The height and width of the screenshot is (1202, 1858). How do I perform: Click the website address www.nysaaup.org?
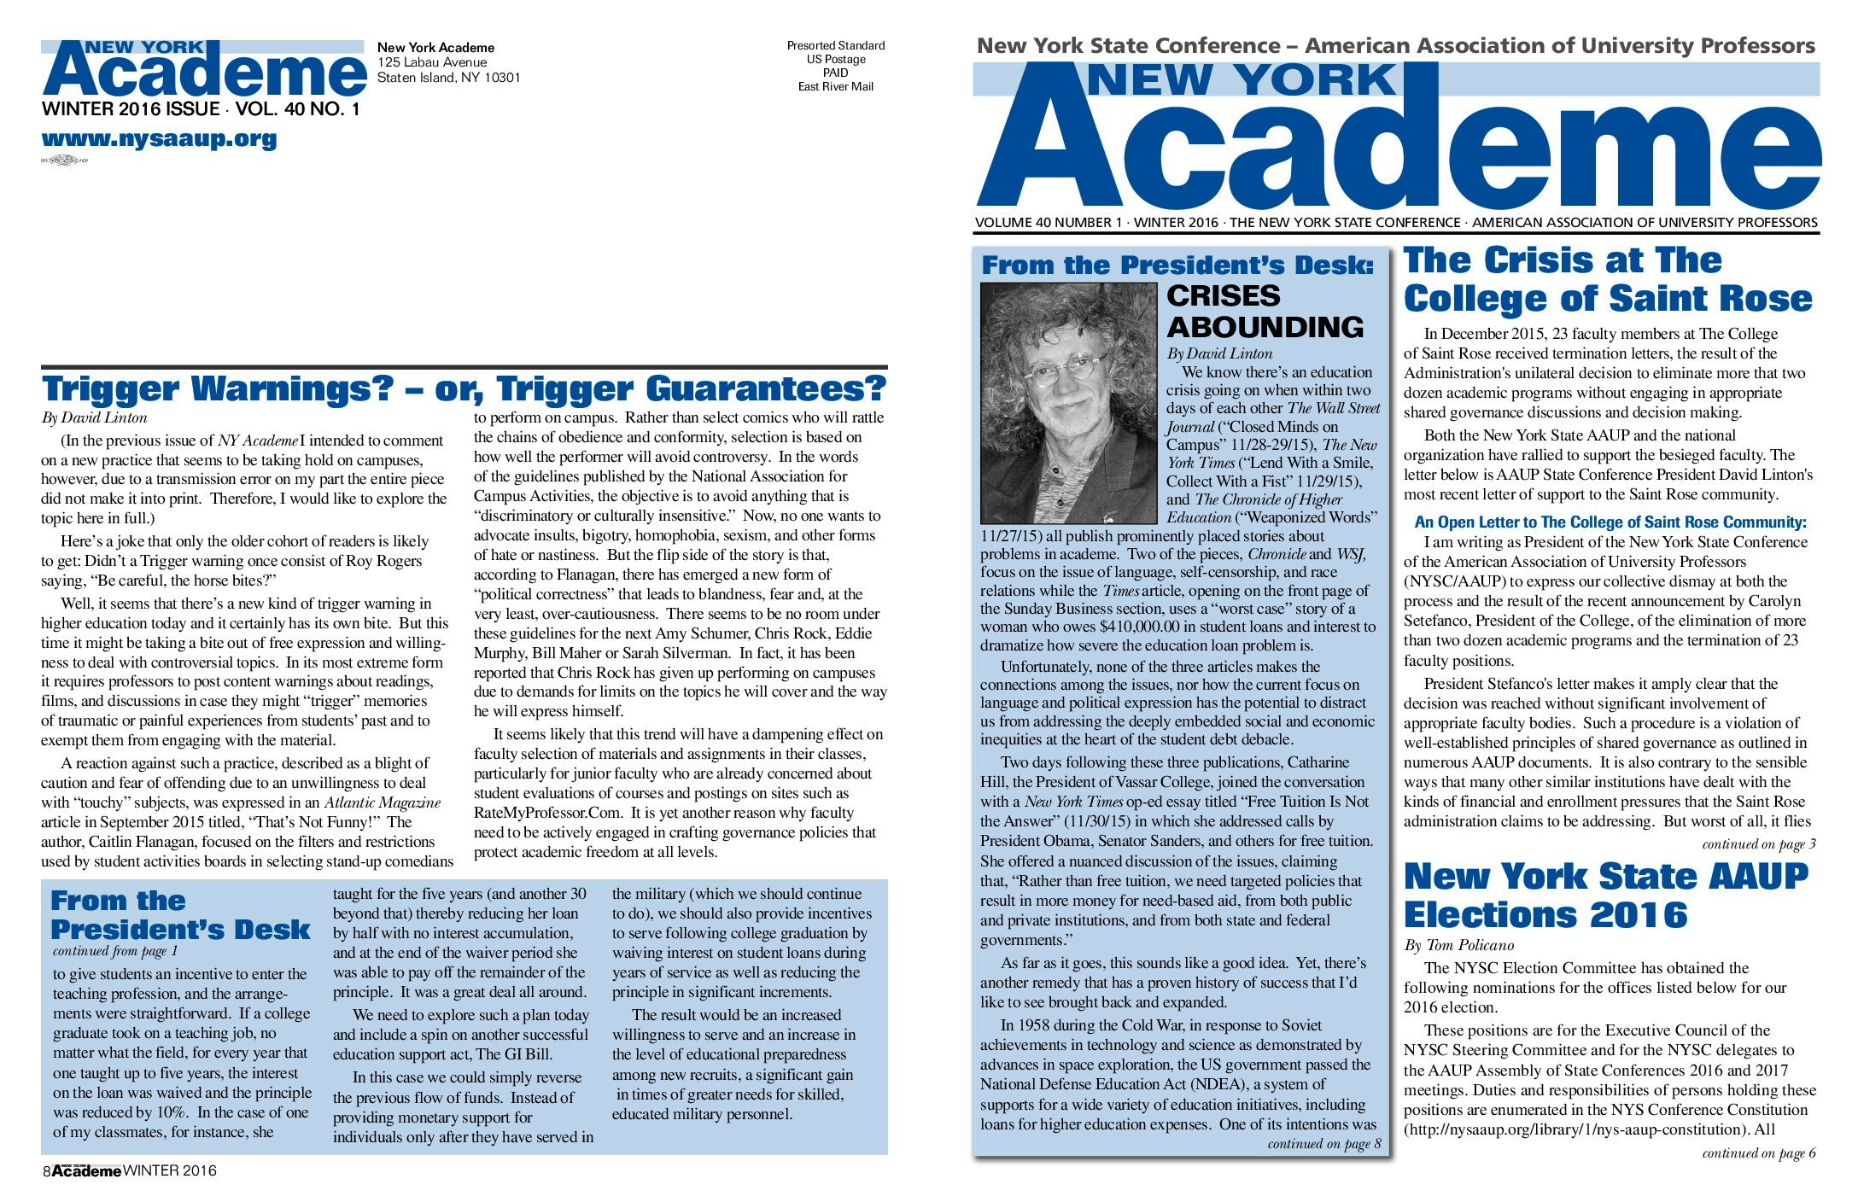[x=159, y=138]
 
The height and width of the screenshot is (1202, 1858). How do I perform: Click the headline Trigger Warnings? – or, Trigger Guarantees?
[x=464, y=388]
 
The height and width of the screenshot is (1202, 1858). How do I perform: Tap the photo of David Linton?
[x=1070, y=403]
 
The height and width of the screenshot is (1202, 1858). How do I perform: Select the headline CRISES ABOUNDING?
[x=1264, y=312]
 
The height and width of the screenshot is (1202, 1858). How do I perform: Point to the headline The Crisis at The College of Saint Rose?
[x=1607, y=279]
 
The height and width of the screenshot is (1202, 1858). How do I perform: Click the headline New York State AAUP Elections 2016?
[x=1605, y=895]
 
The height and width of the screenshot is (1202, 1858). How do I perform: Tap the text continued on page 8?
[x=1323, y=1144]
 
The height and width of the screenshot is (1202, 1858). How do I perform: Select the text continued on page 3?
[x=1758, y=843]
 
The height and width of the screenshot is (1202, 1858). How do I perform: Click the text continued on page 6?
[x=1758, y=1152]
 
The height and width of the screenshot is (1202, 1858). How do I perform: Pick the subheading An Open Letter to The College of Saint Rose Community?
[x=1610, y=522]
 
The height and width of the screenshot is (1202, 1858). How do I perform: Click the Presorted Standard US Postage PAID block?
[x=835, y=66]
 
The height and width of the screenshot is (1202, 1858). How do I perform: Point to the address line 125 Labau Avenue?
[x=432, y=62]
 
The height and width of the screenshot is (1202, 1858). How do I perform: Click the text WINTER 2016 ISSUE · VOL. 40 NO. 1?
[x=201, y=109]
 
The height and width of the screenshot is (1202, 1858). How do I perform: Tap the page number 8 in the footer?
[x=47, y=1171]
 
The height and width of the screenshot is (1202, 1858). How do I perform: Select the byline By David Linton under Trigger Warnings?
[x=94, y=417]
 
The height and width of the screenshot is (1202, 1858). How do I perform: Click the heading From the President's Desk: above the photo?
[x=1177, y=265]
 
